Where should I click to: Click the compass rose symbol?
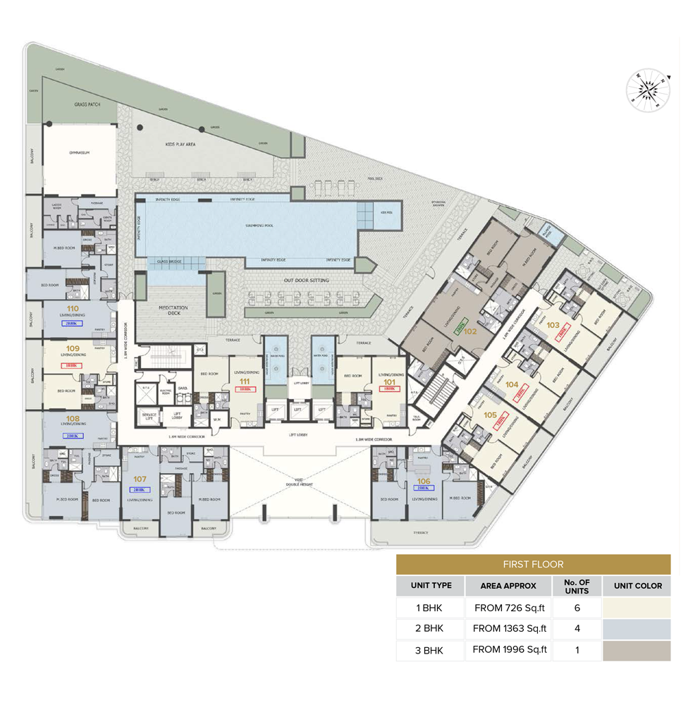(x=646, y=90)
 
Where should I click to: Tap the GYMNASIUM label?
(x=78, y=151)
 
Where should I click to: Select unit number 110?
(x=72, y=309)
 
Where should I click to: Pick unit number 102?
(x=470, y=331)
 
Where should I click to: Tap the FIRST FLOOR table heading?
(x=532, y=564)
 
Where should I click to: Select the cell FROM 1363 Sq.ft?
(x=510, y=628)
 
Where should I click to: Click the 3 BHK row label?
(x=429, y=650)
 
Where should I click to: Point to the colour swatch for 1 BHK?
(x=636, y=607)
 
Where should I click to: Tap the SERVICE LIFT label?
(x=149, y=416)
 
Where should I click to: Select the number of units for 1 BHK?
(x=577, y=607)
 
